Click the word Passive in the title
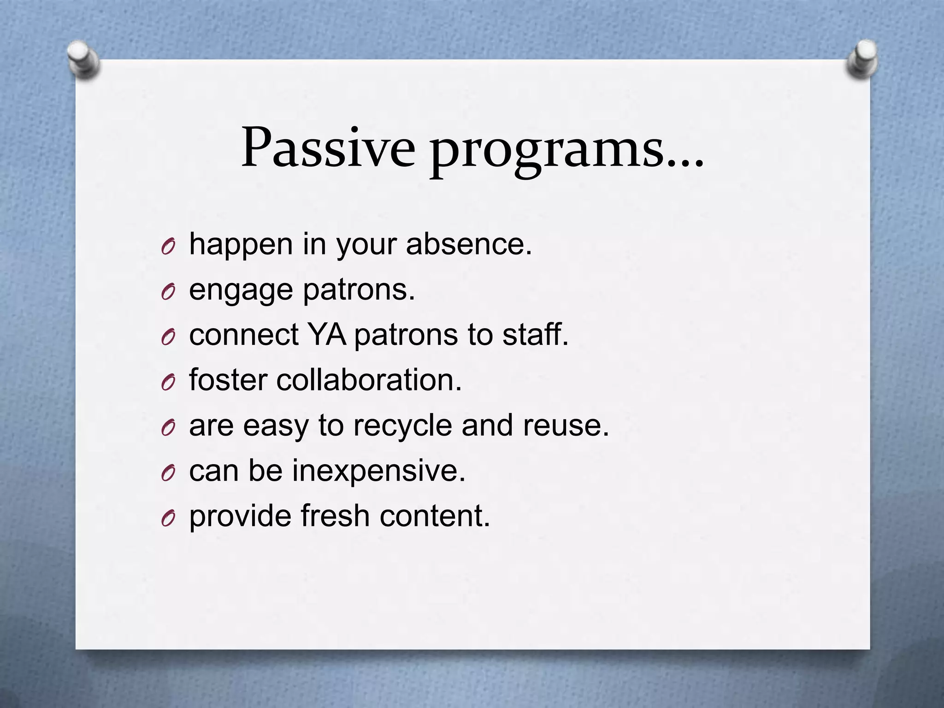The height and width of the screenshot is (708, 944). click(x=328, y=148)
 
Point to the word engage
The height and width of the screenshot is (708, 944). click(x=241, y=291)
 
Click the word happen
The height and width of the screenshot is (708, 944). click(x=241, y=245)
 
